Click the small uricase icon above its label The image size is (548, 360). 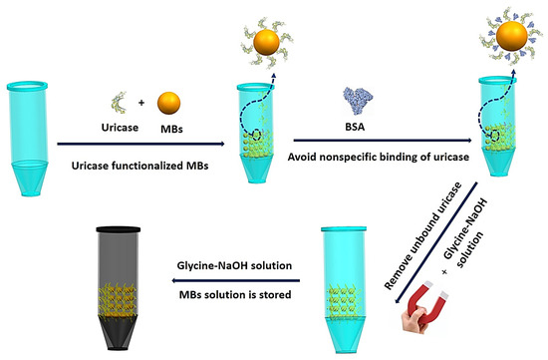coord(122,105)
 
